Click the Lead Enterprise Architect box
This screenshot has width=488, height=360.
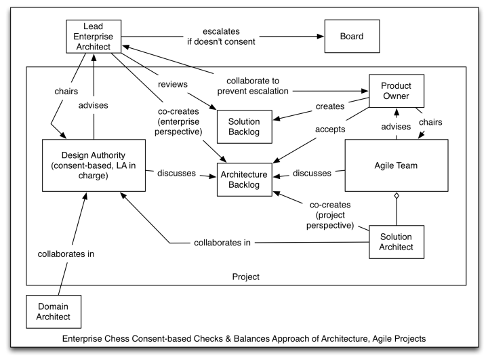pyautogui.click(x=94, y=35)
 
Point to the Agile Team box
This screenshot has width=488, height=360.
pyautogui.click(x=396, y=166)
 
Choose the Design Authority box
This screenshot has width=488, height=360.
pyautogui.click(x=93, y=166)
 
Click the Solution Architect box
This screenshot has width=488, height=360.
pyautogui.click(x=396, y=241)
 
